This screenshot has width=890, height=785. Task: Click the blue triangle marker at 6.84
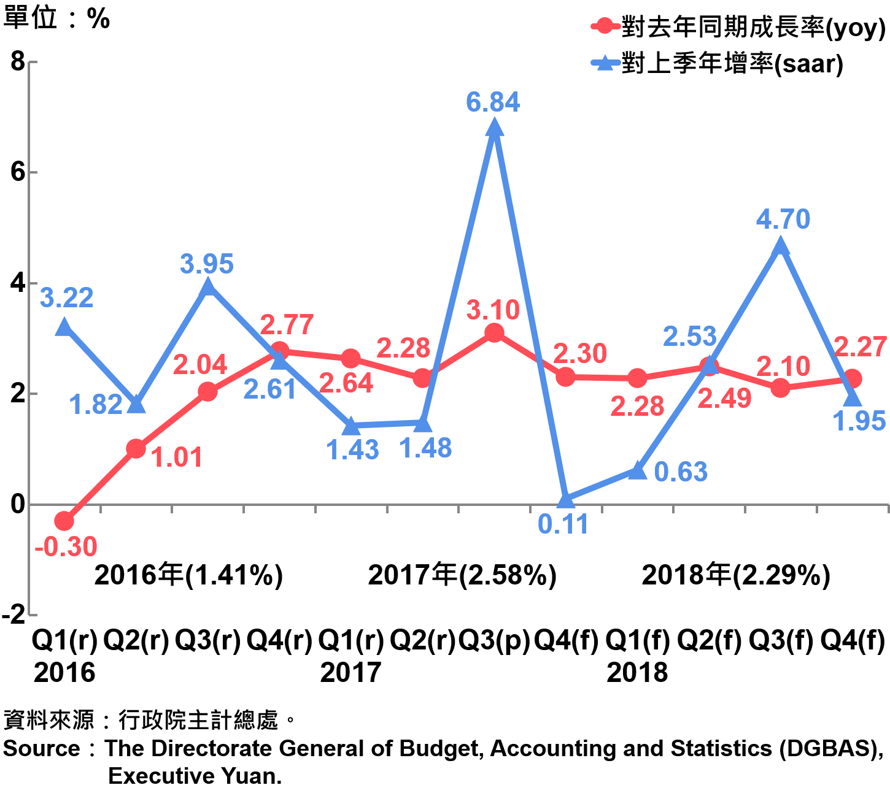pos(494,128)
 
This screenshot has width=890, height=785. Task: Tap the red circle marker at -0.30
pos(64,521)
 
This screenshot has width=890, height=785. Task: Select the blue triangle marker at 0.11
pos(566,500)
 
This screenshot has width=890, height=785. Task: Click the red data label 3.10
pos(493,310)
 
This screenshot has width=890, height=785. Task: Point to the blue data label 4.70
pos(783,220)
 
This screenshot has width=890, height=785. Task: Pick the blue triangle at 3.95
pos(208,286)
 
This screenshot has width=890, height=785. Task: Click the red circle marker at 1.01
pos(136,449)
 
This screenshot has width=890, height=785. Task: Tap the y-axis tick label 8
pos(17,61)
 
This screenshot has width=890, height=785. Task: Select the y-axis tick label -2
pos(14,614)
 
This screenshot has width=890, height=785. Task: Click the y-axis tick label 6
pos(17,172)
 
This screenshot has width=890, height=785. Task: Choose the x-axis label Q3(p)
pos(494,641)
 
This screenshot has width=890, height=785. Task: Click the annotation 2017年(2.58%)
pos(462,575)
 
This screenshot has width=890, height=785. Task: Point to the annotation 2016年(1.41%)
pos(188,575)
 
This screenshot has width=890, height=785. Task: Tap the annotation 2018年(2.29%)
pos(736,575)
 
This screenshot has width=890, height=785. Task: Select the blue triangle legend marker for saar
pos(605,63)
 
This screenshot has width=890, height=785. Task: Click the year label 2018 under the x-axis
pos(637,673)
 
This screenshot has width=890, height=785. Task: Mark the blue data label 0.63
pos(681,472)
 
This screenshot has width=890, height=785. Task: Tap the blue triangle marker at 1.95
pos(853,398)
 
